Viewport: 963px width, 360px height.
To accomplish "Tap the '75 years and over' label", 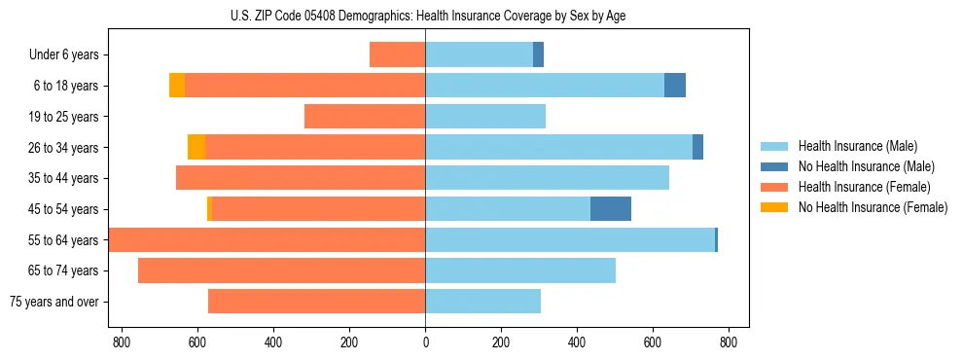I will pyautogui.click(x=53, y=302).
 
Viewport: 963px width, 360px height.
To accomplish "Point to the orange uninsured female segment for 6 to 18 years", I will pyautogui.click(x=177, y=86).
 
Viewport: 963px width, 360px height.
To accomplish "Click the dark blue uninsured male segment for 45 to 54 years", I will pyautogui.click(x=611, y=209).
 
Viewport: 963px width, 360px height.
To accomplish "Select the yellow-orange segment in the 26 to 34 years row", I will pyautogui.click(x=196, y=147).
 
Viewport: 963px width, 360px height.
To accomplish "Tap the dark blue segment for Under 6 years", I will pyautogui.click(x=538, y=54).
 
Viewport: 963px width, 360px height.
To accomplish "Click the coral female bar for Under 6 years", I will pyautogui.click(x=398, y=54).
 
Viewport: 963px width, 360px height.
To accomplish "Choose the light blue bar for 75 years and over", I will pyautogui.click(x=482, y=302).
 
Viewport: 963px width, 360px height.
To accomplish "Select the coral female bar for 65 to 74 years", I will pyautogui.click(x=282, y=270).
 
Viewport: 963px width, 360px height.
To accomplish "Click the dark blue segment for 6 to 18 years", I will pyautogui.click(x=675, y=86).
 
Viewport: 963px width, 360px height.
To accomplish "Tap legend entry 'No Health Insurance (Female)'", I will pyautogui.click(x=872, y=207).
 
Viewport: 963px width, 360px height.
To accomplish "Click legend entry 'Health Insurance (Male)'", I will pyautogui.click(x=857, y=146).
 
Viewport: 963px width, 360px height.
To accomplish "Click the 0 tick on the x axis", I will pyautogui.click(x=425, y=342).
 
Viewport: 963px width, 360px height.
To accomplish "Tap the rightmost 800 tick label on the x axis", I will pyautogui.click(x=729, y=342).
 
